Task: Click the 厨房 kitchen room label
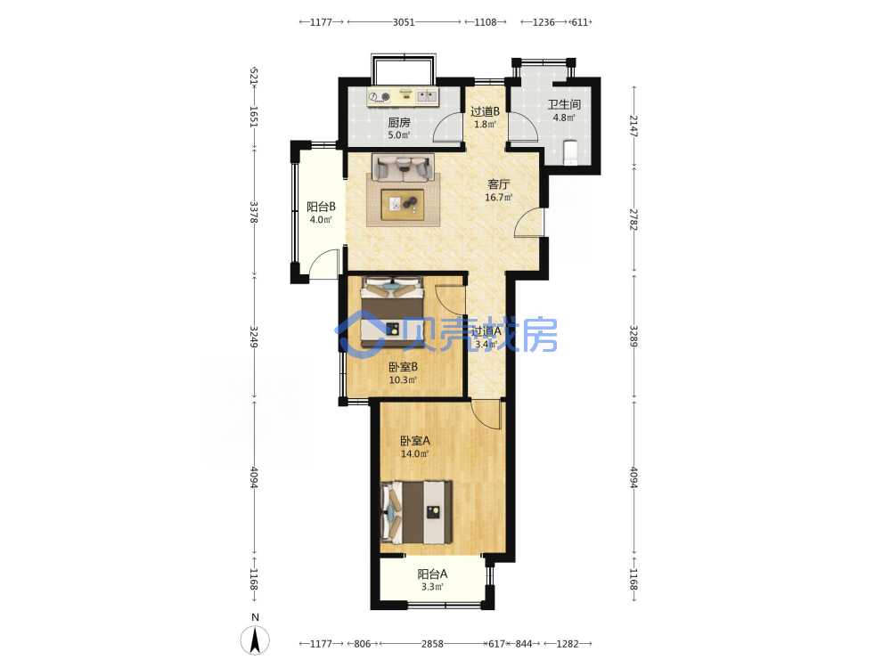tap(399, 122)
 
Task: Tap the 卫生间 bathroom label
tap(564, 104)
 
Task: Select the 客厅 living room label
tap(498, 184)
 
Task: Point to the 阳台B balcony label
tap(321, 207)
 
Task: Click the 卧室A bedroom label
tap(415, 441)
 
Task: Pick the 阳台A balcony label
tap(432, 574)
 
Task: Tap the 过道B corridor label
tap(485, 111)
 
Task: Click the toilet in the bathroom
tap(569, 151)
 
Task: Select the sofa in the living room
tap(403, 168)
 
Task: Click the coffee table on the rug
tap(403, 204)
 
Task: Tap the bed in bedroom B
tap(392, 313)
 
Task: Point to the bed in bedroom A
tap(416, 512)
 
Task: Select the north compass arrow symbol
tap(255, 640)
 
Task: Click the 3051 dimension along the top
tap(404, 22)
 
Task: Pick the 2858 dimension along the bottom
tap(432, 644)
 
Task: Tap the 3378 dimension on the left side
tap(254, 212)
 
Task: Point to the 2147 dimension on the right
tap(634, 126)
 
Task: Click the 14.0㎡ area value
tap(415, 454)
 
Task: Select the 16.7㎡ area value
tap(498, 198)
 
